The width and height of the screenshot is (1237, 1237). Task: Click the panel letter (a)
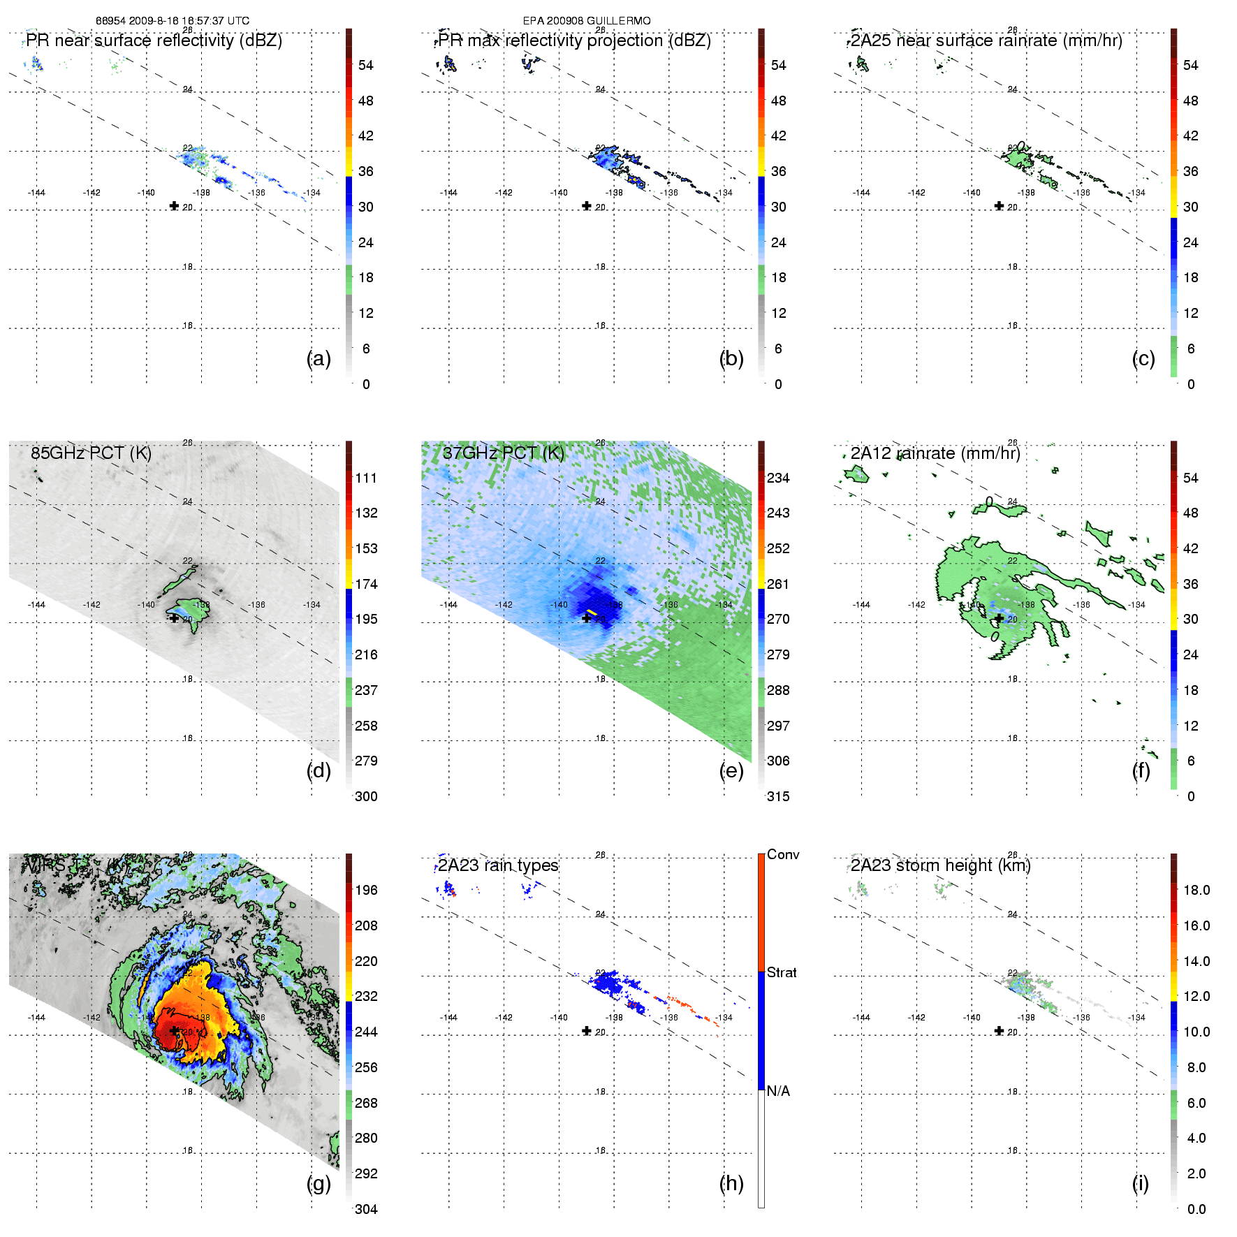[319, 359]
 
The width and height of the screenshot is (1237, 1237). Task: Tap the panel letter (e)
[731, 771]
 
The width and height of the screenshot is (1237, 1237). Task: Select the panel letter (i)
[1140, 1184]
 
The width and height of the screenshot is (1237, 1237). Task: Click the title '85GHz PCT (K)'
[91, 453]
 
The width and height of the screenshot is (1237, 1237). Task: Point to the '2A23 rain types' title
[498, 865]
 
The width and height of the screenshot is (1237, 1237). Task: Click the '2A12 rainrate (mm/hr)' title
[935, 453]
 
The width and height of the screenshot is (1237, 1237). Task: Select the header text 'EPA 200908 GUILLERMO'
[587, 21]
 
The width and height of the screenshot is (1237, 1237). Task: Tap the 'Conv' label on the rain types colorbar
[783, 854]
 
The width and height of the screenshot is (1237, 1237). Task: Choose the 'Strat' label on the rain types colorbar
[782, 972]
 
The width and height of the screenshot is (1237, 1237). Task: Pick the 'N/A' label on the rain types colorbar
[778, 1091]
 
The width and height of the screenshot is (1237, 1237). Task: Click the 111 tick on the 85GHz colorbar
[366, 478]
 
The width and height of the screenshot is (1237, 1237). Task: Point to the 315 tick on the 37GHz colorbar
[778, 796]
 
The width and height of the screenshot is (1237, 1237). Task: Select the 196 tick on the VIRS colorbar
[366, 890]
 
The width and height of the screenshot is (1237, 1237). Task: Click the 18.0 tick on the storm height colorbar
[1196, 890]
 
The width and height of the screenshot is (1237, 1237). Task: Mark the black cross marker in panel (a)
[174, 205]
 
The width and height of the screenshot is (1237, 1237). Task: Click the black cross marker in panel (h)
[587, 1031]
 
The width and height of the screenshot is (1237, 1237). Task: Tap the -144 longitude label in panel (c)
[861, 193]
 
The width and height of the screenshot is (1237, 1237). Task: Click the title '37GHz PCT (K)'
[503, 453]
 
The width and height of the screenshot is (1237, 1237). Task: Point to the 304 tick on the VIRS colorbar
[366, 1209]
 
